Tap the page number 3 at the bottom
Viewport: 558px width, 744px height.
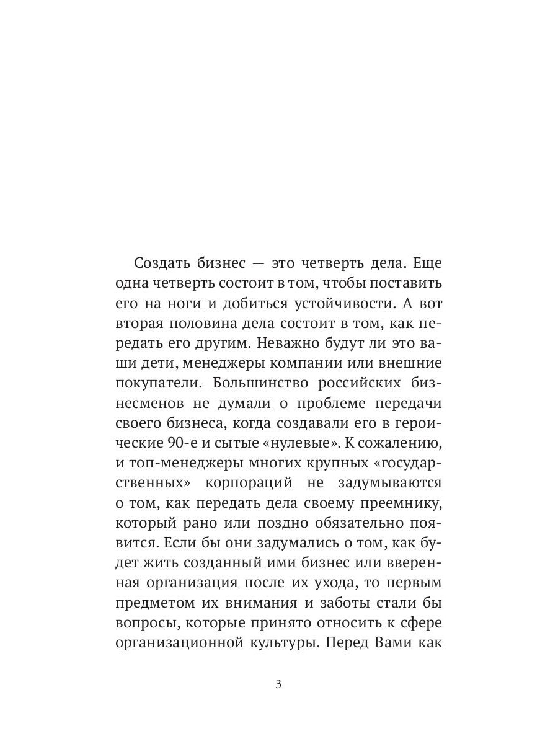click(278, 684)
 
